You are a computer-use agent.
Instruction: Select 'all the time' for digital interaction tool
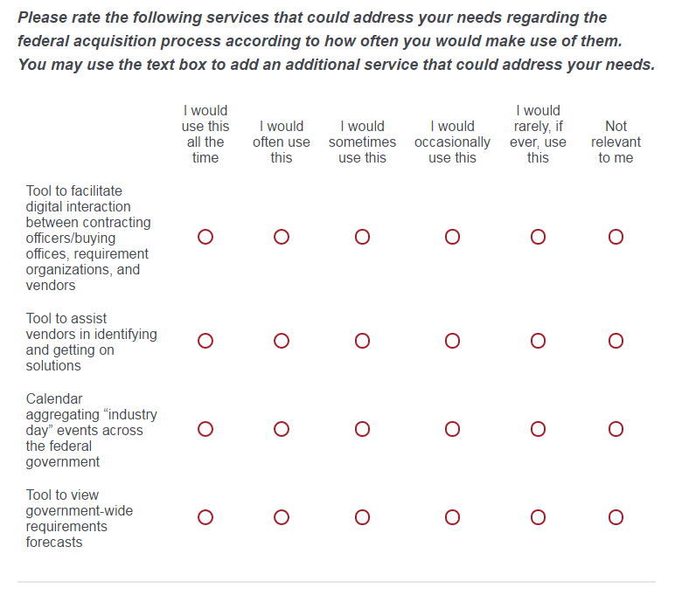[x=205, y=237]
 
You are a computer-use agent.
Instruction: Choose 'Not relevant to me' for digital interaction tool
[x=616, y=237]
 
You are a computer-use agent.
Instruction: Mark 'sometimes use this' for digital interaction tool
[x=362, y=237]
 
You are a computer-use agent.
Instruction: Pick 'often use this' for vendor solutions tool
[x=282, y=341]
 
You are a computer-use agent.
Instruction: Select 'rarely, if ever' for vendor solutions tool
[x=538, y=341]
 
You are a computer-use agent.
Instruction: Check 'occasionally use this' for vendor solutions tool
[x=452, y=341]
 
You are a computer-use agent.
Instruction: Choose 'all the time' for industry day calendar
[x=205, y=429]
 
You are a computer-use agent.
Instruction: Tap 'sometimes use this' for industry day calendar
[x=362, y=429]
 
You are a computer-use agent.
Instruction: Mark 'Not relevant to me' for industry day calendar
[x=616, y=429]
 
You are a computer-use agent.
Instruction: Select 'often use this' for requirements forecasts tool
[x=282, y=517]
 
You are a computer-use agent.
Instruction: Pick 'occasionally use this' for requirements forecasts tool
[x=452, y=517]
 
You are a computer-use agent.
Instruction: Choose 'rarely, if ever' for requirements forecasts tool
[x=538, y=517]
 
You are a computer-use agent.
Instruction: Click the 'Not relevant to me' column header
[x=616, y=142]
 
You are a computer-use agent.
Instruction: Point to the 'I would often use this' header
[x=282, y=142]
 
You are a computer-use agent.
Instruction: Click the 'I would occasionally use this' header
[x=452, y=142]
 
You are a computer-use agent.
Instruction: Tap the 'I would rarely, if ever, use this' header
[x=538, y=134]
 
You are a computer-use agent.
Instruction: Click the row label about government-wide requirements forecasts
[x=80, y=518]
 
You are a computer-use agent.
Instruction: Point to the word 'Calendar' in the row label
[x=54, y=398]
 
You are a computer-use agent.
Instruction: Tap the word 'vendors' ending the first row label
[x=51, y=285]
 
